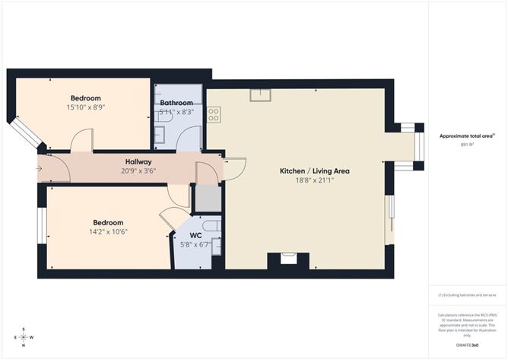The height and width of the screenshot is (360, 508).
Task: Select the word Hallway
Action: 138,162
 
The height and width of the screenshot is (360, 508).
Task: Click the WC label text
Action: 195,236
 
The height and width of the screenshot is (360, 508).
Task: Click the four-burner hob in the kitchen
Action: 214,115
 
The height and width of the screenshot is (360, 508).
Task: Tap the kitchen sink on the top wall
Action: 261,94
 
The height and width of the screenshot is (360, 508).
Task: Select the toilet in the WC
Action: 212,225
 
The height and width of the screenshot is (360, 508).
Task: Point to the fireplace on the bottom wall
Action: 288,259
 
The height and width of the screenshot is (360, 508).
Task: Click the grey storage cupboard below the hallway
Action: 207,197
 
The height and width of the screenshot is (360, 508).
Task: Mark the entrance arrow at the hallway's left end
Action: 39,168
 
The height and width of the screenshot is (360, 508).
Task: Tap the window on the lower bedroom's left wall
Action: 42,226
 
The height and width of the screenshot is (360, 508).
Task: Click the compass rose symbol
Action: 24,336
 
